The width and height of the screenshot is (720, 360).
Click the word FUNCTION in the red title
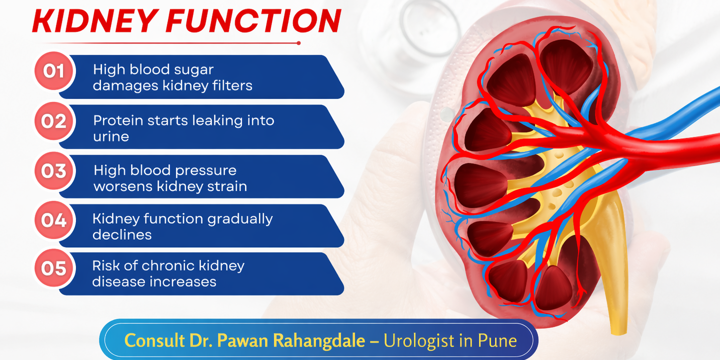[x=254, y=20]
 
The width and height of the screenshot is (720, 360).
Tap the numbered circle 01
[x=54, y=71]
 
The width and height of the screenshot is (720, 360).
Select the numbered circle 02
[x=54, y=121]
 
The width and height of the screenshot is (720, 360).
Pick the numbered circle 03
[x=54, y=171]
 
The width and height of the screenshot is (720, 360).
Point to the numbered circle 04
[x=54, y=220]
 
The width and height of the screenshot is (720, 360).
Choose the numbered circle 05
[x=54, y=268]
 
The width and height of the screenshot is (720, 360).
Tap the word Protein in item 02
[x=118, y=120]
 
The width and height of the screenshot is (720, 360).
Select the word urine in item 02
[x=111, y=137]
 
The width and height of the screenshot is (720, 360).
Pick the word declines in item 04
[x=122, y=235]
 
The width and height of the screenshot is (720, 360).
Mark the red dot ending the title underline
[x=299, y=43]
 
